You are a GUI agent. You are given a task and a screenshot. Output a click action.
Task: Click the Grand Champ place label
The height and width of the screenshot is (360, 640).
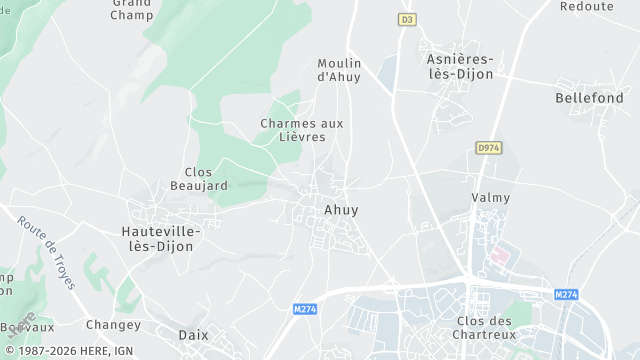(x=132, y=10)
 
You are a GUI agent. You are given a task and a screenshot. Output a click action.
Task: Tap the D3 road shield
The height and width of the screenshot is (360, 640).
(x=406, y=19)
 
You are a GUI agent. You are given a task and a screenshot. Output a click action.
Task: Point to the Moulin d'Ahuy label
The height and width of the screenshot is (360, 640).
(x=338, y=69)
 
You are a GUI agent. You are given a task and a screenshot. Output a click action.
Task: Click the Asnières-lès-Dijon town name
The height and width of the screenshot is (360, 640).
(x=460, y=66)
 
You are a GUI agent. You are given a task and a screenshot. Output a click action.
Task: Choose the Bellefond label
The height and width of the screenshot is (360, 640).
(x=589, y=98)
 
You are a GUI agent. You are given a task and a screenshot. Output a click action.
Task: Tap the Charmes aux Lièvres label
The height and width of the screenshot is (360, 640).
(x=301, y=130)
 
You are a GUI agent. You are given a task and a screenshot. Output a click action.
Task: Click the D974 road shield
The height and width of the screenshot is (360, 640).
(x=488, y=148)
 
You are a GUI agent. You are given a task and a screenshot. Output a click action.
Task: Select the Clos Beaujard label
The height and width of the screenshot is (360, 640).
(x=206, y=179)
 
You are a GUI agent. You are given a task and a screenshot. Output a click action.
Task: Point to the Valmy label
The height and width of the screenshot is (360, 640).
(x=490, y=198)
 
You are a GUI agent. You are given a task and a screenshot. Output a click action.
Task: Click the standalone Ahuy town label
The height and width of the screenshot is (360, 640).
(x=341, y=210)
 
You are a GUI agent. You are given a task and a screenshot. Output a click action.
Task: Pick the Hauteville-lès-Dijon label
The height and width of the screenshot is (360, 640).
(x=160, y=238)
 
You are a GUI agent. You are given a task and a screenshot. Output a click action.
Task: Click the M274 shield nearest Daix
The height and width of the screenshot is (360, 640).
(x=306, y=309)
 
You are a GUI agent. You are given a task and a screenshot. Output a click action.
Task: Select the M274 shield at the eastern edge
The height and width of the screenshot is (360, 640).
(x=565, y=294)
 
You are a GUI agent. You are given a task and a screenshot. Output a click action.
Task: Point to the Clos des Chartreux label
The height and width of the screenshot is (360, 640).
(x=484, y=328)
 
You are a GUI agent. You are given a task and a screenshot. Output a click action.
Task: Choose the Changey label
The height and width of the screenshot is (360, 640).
(x=113, y=324)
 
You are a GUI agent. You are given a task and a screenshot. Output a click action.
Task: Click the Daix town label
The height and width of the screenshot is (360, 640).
(x=193, y=335)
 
